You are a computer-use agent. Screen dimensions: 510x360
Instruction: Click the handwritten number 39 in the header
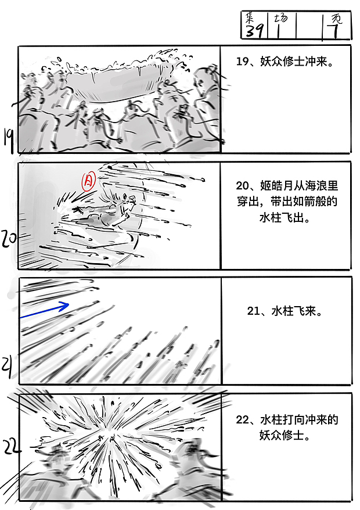[254, 31]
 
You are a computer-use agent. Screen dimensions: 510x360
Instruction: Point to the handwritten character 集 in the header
[251, 17]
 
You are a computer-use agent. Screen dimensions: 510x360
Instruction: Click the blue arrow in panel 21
[45, 310]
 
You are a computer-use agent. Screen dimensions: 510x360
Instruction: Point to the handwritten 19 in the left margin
[9, 138]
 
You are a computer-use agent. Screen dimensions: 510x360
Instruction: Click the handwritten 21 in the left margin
[8, 366]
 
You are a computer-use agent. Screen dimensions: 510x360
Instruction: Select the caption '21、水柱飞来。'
[285, 311]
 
